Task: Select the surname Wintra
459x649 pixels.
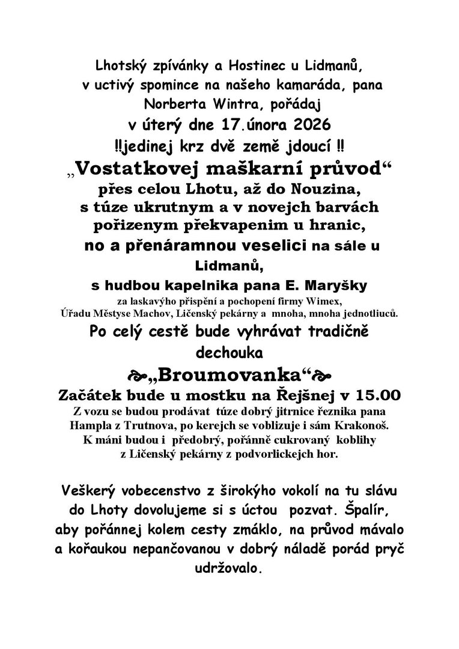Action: click(x=223, y=105)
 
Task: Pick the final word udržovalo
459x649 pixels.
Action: click(x=229, y=567)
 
